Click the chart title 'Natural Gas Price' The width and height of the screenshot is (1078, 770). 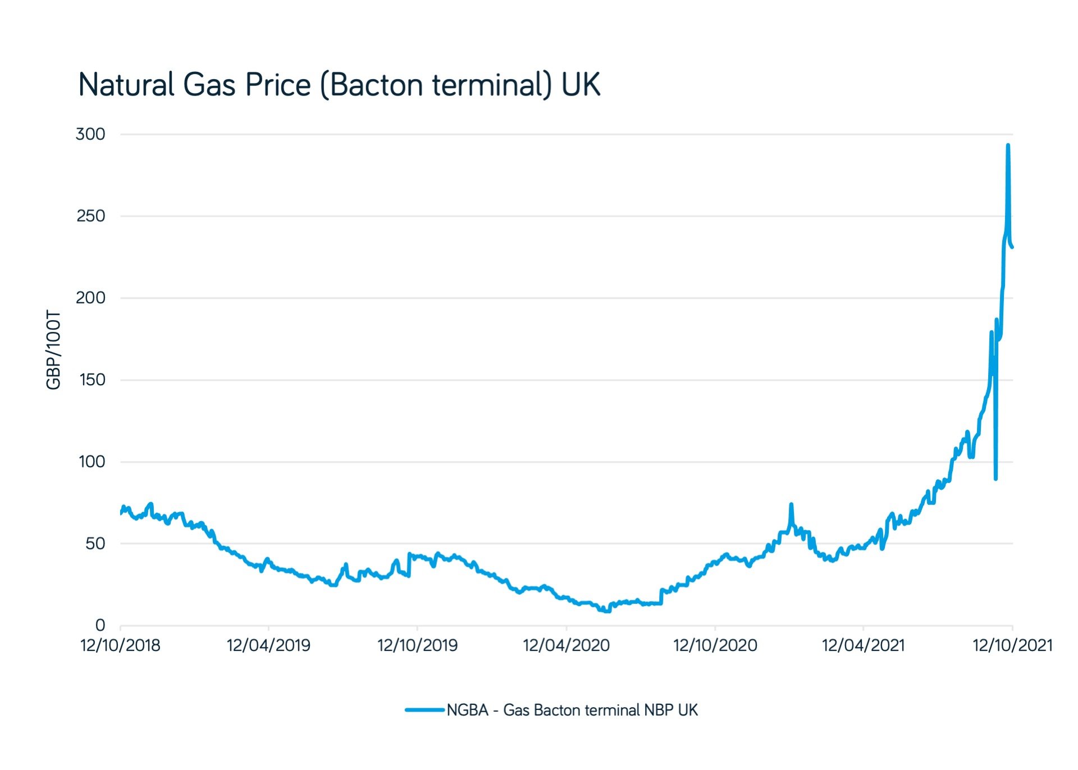[x=195, y=85]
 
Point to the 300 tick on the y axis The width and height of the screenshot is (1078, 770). [x=90, y=134]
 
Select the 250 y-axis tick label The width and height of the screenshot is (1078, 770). [x=90, y=216]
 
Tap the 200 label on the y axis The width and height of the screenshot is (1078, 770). [x=90, y=298]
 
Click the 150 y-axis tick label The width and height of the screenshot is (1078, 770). [x=92, y=380]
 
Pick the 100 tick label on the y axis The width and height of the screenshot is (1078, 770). [x=92, y=462]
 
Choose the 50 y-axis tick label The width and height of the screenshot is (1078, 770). [x=95, y=544]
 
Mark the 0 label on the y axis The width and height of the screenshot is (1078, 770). [x=100, y=625]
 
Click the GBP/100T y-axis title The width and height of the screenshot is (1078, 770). [x=53, y=349]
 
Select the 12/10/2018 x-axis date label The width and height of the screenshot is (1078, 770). [x=120, y=645]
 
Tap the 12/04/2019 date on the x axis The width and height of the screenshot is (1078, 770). [x=268, y=645]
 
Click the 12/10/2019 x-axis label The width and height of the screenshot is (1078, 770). [x=417, y=645]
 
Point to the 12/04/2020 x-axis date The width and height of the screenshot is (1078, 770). [x=566, y=645]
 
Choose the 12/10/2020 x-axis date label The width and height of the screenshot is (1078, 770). [x=715, y=645]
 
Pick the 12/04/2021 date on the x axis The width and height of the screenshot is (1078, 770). [x=864, y=645]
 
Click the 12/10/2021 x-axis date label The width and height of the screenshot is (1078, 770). [x=1012, y=645]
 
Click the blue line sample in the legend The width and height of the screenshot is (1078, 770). [x=425, y=710]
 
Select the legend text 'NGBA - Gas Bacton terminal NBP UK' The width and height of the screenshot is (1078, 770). [x=572, y=710]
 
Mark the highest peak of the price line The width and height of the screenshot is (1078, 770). [x=1008, y=145]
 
